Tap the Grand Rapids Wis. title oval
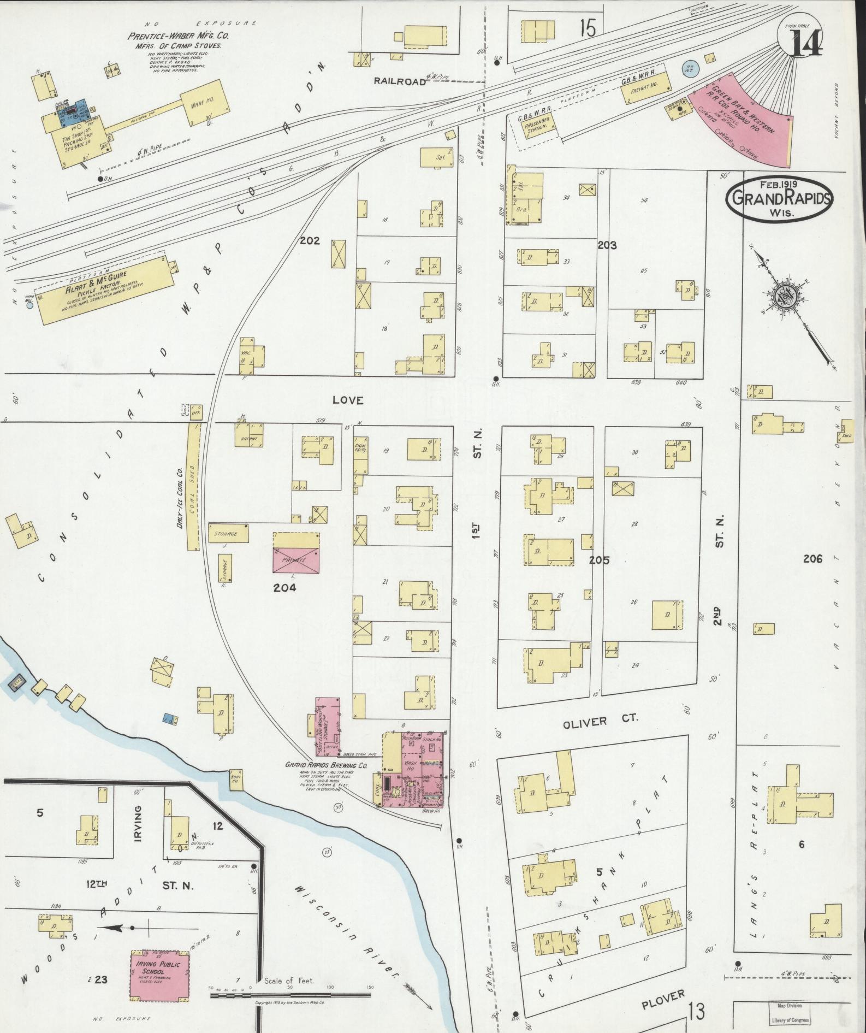[779, 198]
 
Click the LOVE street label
[348, 400]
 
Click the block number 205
[598, 560]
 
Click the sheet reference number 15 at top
[588, 28]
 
